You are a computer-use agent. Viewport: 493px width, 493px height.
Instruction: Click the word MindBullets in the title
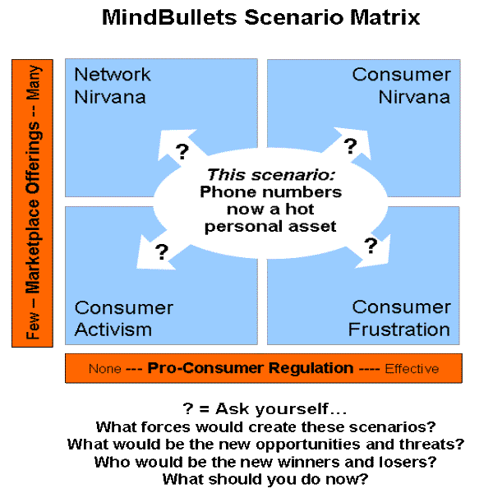[169, 17]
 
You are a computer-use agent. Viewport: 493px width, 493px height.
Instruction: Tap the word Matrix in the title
[385, 17]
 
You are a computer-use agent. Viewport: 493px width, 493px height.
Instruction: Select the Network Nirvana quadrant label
[113, 85]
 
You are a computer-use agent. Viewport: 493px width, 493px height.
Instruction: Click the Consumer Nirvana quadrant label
[401, 85]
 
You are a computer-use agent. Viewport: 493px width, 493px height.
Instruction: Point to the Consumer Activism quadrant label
[123, 319]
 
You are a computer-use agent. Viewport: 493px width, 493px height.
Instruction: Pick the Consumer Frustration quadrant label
[399, 318]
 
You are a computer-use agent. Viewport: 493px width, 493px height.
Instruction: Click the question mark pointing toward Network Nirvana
[182, 151]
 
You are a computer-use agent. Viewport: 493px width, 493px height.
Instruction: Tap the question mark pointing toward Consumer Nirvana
[350, 146]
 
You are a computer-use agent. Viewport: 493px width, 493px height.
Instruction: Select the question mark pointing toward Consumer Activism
[162, 251]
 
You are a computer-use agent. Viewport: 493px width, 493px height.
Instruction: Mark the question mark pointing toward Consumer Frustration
[371, 246]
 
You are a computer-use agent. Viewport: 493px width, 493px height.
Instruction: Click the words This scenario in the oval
[270, 175]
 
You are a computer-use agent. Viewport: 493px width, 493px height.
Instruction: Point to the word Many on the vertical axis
[33, 82]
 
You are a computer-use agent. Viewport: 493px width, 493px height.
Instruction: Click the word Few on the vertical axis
[33, 325]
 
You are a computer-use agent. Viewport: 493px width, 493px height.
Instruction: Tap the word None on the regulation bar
[105, 368]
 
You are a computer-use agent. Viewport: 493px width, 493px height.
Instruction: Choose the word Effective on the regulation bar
[412, 368]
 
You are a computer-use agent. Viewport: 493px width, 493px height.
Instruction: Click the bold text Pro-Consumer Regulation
[251, 368]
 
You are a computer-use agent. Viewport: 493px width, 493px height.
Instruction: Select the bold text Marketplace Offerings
[33, 208]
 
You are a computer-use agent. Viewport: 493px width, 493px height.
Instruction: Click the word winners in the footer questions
[309, 462]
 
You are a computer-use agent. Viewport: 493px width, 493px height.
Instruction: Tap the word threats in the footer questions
[431, 445]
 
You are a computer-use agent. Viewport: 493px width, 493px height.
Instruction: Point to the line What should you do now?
[265, 479]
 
